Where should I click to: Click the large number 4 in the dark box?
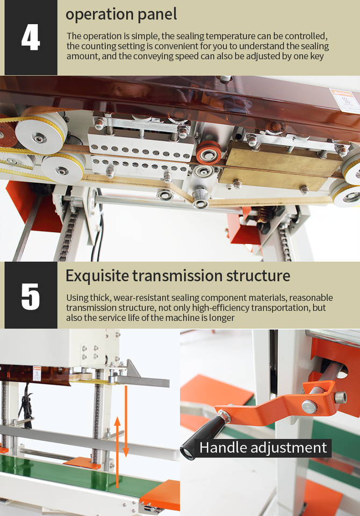(x=31, y=38)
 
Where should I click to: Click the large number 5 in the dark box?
(x=31, y=297)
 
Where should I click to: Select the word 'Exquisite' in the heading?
(x=97, y=276)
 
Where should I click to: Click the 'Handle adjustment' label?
(x=263, y=448)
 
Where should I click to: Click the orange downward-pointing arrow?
(x=126, y=421)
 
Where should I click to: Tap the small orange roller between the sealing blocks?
(x=208, y=152)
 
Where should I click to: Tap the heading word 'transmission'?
(x=177, y=276)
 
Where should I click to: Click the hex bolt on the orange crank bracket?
(x=341, y=398)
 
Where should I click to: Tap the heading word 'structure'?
(x=258, y=276)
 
